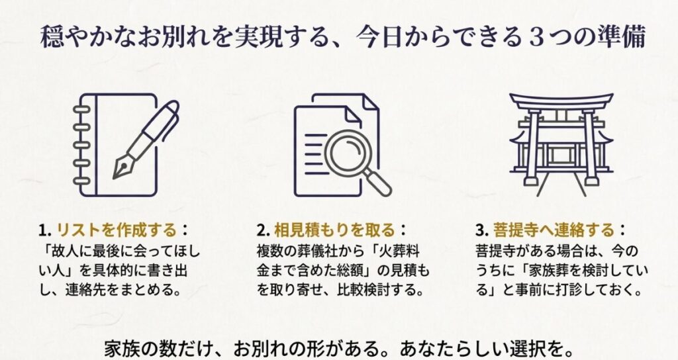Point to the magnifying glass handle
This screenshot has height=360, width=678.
[x=381, y=187]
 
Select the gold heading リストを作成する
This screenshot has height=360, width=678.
[x=117, y=230]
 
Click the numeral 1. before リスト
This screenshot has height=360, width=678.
[x=44, y=230]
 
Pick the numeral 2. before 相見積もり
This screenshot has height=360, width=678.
[x=263, y=230]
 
